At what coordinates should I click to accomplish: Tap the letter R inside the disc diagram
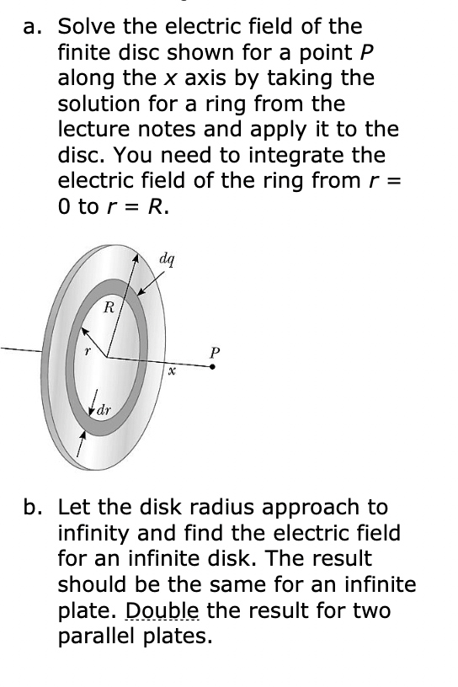[x=108, y=308]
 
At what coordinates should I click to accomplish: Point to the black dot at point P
[x=212, y=367]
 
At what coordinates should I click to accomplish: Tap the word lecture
[x=93, y=130]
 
